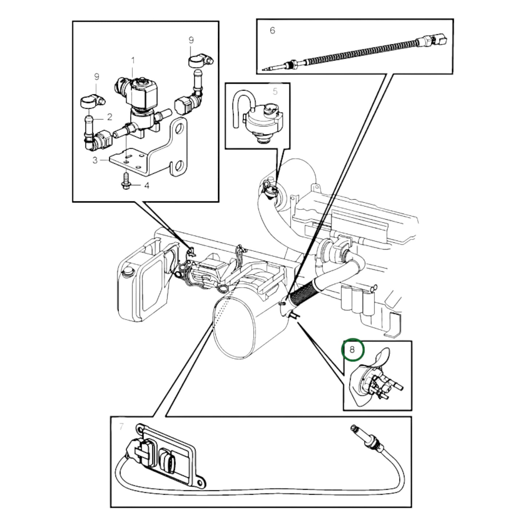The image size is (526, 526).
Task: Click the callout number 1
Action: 133,60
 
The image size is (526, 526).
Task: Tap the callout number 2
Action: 109,117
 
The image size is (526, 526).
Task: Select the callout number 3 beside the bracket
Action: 95,160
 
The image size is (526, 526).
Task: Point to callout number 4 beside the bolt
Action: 147,186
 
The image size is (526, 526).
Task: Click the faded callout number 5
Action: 275,91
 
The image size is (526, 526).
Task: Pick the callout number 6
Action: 273,31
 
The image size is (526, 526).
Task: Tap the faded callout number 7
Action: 121,426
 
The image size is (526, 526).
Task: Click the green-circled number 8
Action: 352,350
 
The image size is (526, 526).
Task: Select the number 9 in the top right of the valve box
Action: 191,40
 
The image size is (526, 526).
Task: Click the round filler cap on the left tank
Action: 128,272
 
